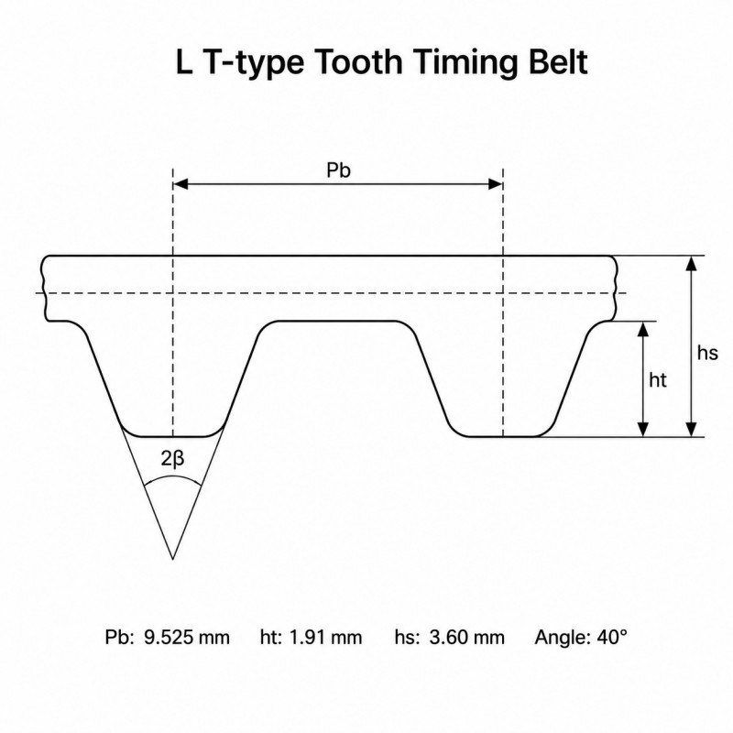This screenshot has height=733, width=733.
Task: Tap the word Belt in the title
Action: (x=558, y=61)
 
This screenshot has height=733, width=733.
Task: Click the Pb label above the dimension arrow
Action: (x=338, y=170)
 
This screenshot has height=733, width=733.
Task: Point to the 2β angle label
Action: (x=172, y=459)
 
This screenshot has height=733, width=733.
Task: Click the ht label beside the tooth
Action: (x=657, y=380)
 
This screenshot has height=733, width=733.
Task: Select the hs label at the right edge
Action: (x=706, y=353)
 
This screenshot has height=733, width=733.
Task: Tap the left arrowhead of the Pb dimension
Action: (x=181, y=184)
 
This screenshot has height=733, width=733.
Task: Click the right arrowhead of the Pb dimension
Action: (x=496, y=184)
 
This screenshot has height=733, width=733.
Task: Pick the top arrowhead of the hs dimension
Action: (x=691, y=263)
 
